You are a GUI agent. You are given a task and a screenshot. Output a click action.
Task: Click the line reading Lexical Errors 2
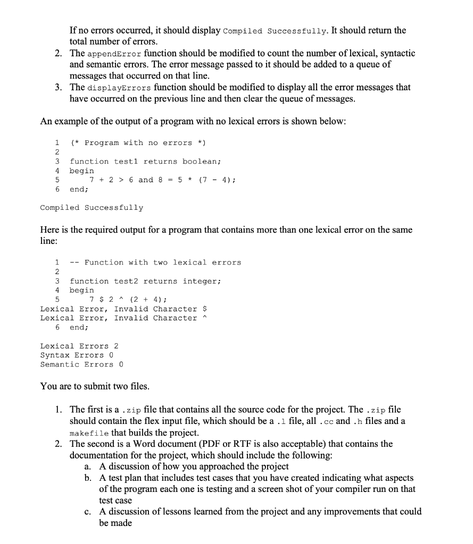[79, 346]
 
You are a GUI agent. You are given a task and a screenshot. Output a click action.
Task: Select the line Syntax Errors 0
[77, 355]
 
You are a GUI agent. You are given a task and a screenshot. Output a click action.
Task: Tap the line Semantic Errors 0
[81, 364]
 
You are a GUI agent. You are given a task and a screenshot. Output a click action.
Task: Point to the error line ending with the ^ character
[123, 318]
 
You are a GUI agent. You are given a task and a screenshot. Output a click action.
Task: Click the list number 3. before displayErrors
[59, 88]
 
